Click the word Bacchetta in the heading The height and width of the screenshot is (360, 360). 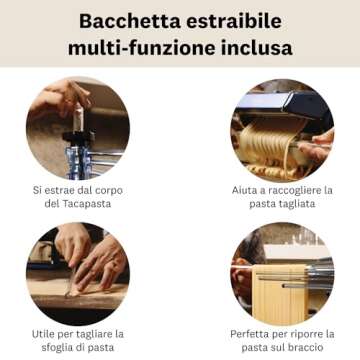(128, 20)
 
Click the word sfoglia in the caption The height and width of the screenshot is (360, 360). (51, 347)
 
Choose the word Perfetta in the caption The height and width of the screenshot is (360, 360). (250, 333)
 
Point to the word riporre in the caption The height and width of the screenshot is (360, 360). (310, 333)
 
